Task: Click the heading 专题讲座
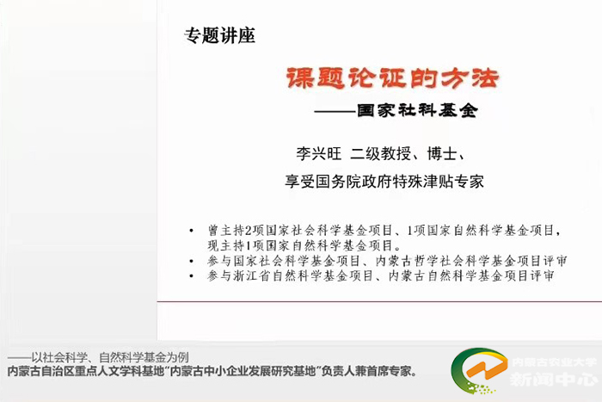coord(219,36)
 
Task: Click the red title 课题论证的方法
coord(392,78)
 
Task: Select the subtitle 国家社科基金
coord(417,111)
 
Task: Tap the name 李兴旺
coord(319,154)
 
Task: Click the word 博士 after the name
coord(442,154)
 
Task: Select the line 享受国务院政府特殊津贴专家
coord(384,182)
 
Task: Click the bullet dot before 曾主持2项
coord(191,231)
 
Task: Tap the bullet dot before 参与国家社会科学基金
coord(191,262)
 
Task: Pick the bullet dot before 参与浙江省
coord(191,276)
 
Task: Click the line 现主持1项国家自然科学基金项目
coord(304,245)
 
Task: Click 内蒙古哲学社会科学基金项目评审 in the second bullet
coord(471,261)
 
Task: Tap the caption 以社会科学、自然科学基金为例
coord(110,357)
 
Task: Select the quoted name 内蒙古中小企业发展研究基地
coord(243,371)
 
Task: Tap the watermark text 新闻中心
coord(553,380)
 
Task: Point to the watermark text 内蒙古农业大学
coord(554,362)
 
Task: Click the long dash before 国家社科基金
coord(335,111)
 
